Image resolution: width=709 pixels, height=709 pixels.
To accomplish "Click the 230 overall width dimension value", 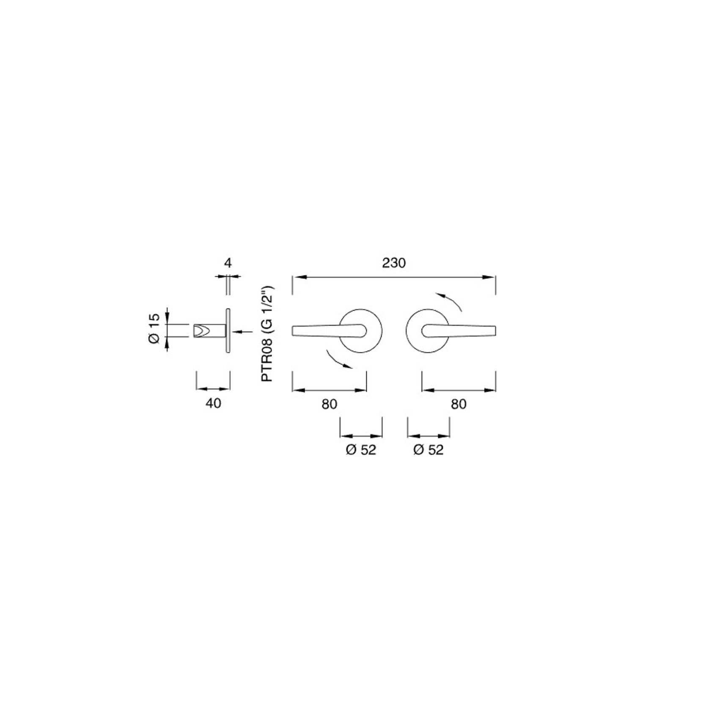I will tap(393, 263).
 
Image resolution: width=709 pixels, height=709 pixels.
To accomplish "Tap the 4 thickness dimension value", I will tap(228, 263).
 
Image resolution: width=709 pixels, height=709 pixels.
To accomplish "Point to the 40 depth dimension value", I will tap(213, 404).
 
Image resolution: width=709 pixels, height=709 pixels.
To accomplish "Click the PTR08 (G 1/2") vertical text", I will tap(267, 334).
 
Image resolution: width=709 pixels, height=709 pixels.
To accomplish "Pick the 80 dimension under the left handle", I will tap(329, 404).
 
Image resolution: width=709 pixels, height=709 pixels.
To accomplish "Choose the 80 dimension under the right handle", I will tap(459, 404).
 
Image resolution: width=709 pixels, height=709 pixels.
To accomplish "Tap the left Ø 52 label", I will tap(361, 450).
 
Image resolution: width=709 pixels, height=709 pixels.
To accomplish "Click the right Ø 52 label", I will tap(429, 450).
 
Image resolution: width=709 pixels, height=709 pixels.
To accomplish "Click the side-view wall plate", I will tap(228, 330).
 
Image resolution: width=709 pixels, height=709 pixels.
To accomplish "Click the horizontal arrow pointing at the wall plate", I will tap(243, 332).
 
